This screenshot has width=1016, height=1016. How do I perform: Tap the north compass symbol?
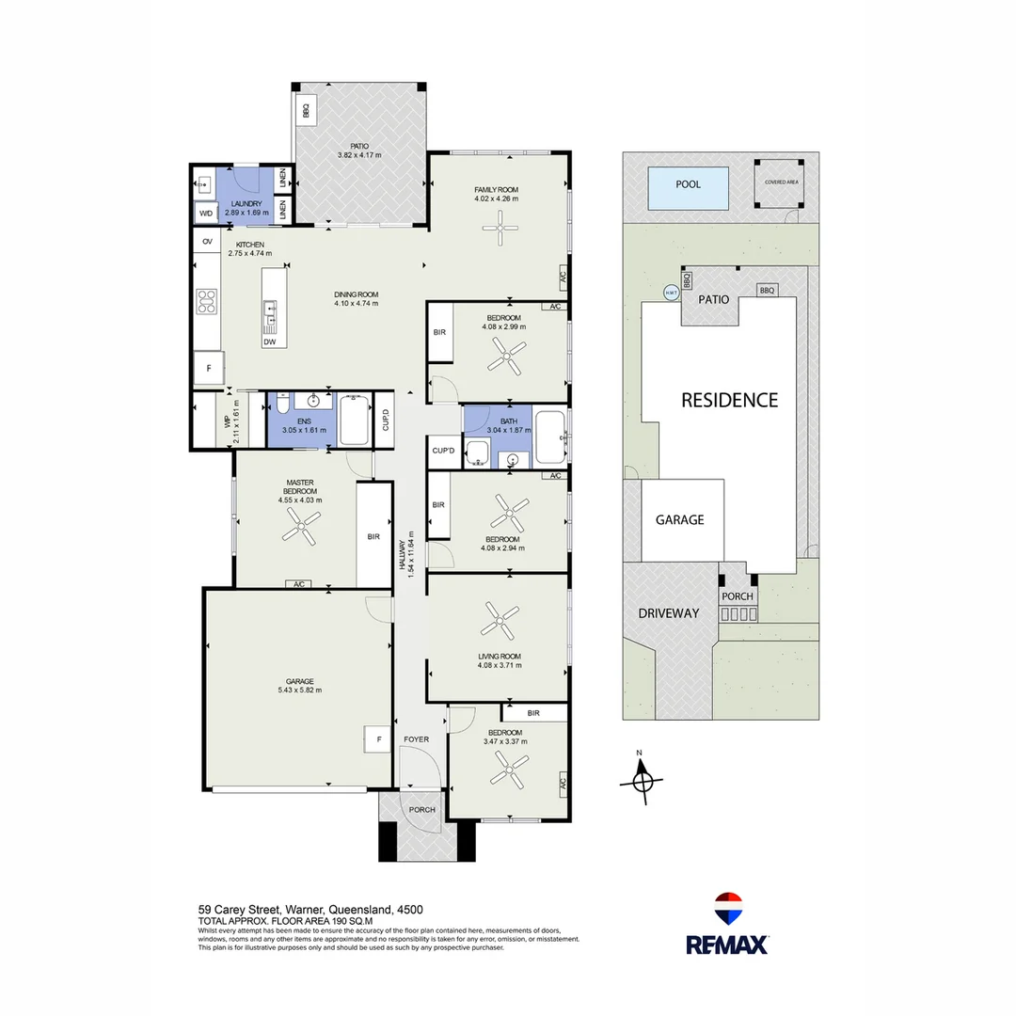click(643, 779)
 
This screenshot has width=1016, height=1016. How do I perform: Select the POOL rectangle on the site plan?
click(688, 184)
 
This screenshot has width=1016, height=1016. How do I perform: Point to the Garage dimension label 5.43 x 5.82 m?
click(299, 690)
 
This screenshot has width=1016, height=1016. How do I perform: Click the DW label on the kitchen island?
click(269, 342)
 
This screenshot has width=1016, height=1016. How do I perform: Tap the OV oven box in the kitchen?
click(207, 242)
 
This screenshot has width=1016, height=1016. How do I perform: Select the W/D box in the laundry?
click(206, 214)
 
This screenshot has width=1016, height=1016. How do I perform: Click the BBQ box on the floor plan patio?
click(306, 111)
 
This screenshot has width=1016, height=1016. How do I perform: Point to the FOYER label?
click(416, 739)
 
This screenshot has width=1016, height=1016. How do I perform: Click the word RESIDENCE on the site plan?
click(729, 400)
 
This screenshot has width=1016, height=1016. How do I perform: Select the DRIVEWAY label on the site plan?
click(668, 612)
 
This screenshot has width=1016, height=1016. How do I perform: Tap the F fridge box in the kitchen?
click(208, 369)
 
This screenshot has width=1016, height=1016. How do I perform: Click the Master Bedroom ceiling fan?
click(297, 533)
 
